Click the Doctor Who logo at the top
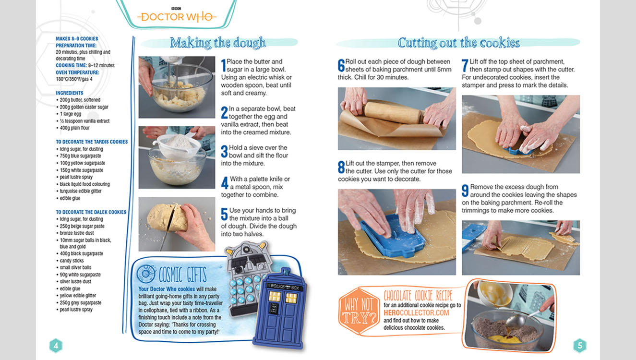[177, 16]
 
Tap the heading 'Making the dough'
[218, 43]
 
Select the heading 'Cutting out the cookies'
[458, 43]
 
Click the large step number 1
[224, 66]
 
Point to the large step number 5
[224, 214]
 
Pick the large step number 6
[341, 66]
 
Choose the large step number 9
[465, 191]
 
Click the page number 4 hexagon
[56, 346]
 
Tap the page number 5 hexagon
[580, 346]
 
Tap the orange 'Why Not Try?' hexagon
[359, 311]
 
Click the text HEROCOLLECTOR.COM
[416, 313]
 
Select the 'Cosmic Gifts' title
[182, 275]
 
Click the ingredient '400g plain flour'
[74, 128]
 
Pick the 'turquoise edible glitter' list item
[80, 191]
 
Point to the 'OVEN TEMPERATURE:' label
[77, 72]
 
